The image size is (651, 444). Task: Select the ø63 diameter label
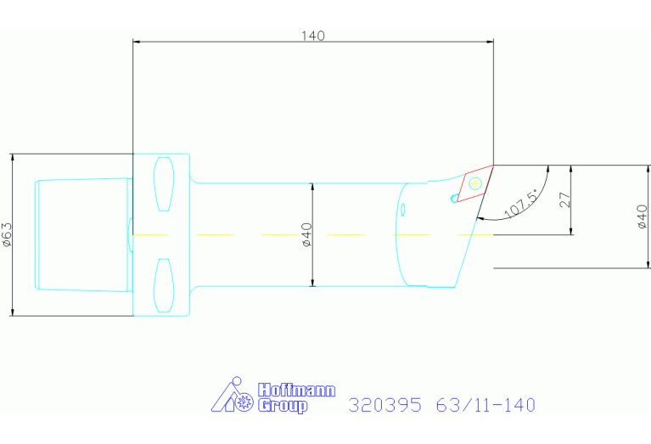pyautogui.click(x=7, y=234)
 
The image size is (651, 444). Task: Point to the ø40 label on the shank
pyautogui.click(x=306, y=234)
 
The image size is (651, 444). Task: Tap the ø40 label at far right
pyautogui.click(x=643, y=217)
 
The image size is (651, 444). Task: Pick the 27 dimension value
pyautogui.click(x=565, y=200)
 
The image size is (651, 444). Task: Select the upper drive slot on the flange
pyautogui.click(x=164, y=185)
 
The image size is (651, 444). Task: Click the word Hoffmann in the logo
pyautogui.click(x=296, y=391)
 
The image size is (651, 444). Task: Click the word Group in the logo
pyautogui.click(x=283, y=406)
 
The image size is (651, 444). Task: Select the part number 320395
pyautogui.click(x=384, y=405)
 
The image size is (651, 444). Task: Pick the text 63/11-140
pyautogui.click(x=485, y=405)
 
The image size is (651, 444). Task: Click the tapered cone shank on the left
pyautogui.click(x=81, y=234)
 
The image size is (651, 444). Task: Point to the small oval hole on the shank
pyautogui.click(x=403, y=208)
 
